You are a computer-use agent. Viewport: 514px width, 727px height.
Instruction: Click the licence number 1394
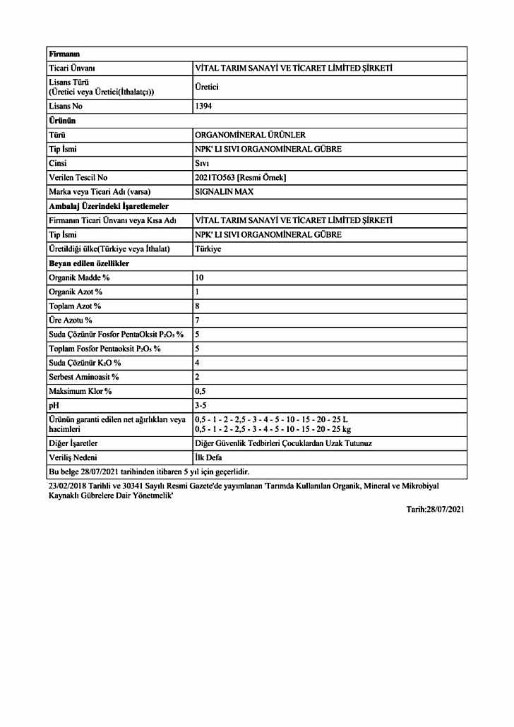click(203, 106)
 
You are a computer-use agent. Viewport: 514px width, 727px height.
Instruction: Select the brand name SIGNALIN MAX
click(224, 191)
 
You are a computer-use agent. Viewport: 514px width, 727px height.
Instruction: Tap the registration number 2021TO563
click(214, 177)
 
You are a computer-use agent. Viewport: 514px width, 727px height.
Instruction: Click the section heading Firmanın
click(64, 54)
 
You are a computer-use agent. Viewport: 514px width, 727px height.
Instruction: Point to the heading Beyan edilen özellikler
click(88, 263)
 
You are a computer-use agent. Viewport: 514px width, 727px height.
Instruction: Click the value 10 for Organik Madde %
click(199, 277)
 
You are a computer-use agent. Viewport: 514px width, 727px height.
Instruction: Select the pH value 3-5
click(201, 404)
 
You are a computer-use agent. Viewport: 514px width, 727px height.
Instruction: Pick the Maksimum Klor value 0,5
click(201, 390)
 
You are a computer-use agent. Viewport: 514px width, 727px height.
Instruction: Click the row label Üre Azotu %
click(71, 320)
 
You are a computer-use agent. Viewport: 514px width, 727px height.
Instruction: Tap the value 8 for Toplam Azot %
click(197, 306)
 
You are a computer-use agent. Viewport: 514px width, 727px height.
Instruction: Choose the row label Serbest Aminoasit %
click(83, 376)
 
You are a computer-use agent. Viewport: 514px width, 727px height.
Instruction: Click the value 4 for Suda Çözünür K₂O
click(197, 362)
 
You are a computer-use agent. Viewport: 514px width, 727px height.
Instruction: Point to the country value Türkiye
click(208, 248)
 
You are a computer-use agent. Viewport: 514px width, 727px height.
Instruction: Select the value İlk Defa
click(210, 457)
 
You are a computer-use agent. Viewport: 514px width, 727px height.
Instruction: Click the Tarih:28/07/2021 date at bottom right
click(436, 509)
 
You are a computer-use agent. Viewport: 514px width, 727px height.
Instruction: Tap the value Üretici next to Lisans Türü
click(208, 87)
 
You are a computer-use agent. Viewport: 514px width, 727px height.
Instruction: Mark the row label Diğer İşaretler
click(73, 443)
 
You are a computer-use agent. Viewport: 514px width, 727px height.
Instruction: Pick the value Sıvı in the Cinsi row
click(202, 163)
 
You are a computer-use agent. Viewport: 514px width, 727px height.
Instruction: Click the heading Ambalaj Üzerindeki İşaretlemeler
click(108, 205)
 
